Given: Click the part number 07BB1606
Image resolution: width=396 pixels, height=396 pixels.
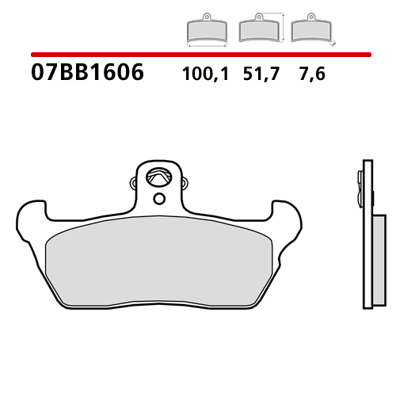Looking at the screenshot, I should point(87,74).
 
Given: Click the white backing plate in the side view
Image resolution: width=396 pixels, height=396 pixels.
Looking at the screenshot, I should point(364,238).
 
